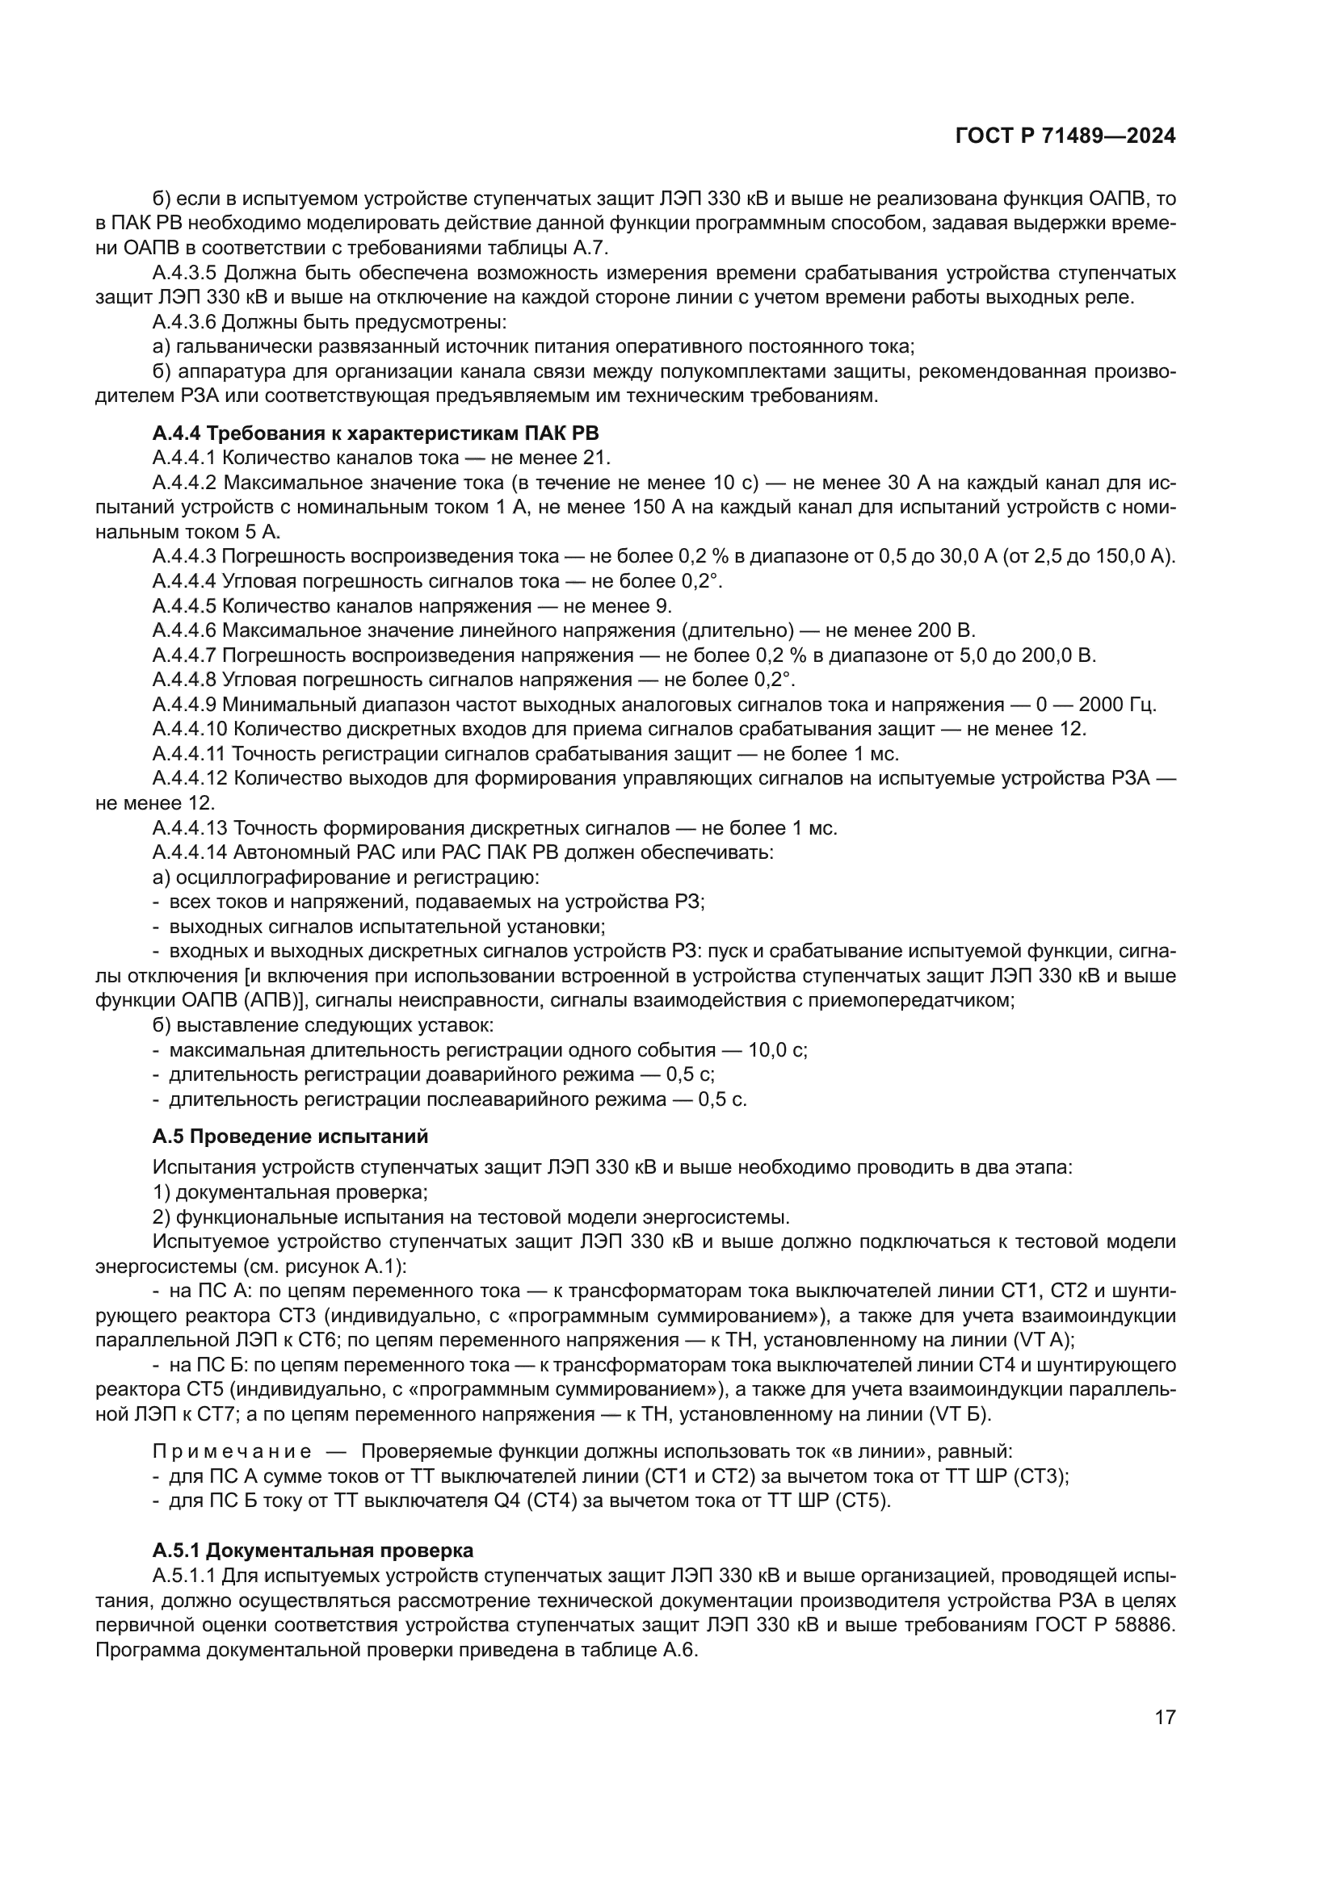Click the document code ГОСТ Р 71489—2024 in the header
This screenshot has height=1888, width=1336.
click(x=1065, y=136)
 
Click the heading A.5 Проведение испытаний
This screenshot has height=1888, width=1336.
click(x=291, y=1137)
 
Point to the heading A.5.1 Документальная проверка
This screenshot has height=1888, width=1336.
click(x=313, y=1551)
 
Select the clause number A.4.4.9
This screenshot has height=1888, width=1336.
click(x=184, y=705)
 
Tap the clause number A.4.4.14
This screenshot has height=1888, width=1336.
click(x=189, y=852)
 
